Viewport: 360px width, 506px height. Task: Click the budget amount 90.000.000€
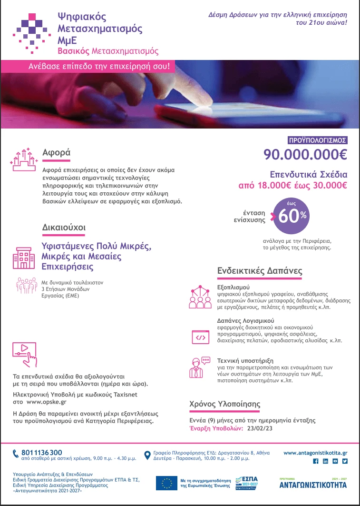(306, 155)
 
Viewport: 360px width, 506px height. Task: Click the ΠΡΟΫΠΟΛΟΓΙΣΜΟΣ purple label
(318, 140)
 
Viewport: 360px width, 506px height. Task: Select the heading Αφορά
(56, 153)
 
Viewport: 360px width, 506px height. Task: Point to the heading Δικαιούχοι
(64, 228)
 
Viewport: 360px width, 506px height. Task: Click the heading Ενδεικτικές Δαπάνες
(260, 270)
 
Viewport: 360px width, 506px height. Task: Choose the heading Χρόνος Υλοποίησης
(225, 404)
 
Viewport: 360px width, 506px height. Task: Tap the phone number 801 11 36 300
(42, 452)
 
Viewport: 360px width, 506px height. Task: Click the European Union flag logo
(167, 483)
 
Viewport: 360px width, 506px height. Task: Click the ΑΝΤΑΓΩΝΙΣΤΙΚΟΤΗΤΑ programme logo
(312, 485)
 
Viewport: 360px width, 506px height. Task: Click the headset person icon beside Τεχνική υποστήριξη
(199, 367)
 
